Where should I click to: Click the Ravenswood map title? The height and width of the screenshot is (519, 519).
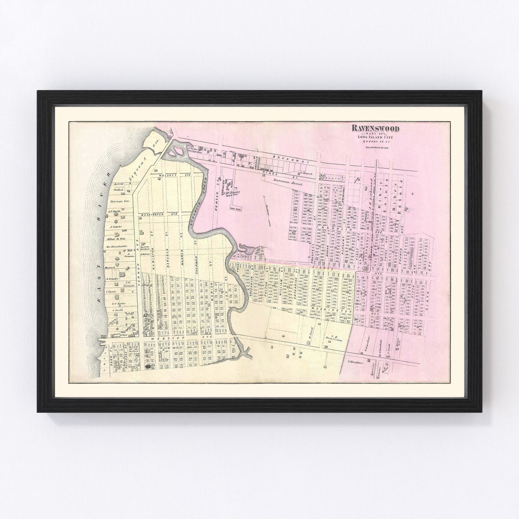click(x=375, y=128)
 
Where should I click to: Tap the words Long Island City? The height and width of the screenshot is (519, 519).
click(x=375, y=137)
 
